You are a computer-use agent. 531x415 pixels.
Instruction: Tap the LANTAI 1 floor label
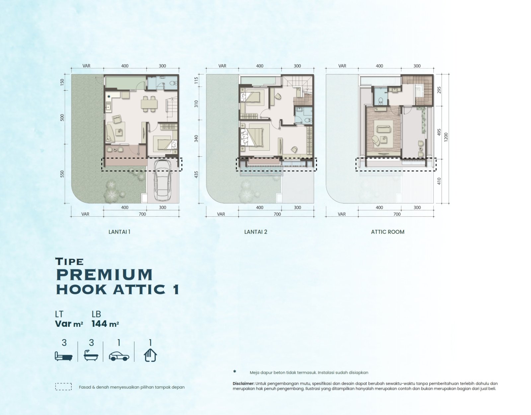tap(119, 232)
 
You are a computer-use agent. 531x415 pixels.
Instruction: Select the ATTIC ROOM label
tap(388, 232)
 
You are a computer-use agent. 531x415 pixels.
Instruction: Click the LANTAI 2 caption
tap(256, 232)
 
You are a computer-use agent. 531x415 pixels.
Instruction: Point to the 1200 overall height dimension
tap(446, 137)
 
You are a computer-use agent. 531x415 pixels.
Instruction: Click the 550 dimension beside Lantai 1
tap(62, 174)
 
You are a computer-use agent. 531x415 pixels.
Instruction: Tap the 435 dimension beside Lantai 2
tap(196, 174)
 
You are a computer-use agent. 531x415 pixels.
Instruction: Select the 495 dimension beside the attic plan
tap(439, 132)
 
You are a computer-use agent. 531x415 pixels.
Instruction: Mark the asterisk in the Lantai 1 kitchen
tap(109, 97)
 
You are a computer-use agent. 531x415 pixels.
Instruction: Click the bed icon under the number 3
tap(63, 356)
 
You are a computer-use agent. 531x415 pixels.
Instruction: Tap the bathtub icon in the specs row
tap(91, 355)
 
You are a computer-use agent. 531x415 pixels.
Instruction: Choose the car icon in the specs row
tap(119, 356)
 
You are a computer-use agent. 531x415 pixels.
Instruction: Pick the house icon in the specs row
tap(150, 355)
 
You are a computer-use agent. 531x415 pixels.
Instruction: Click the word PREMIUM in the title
tap(104, 275)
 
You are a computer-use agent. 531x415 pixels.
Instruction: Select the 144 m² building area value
tap(105, 324)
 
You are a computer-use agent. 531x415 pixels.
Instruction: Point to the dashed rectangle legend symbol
tap(63, 387)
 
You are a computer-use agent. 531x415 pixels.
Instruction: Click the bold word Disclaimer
tap(243, 383)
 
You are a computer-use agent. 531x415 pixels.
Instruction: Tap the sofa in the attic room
tap(383, 129)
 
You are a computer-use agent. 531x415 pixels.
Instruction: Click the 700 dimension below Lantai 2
tap(277, 214)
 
